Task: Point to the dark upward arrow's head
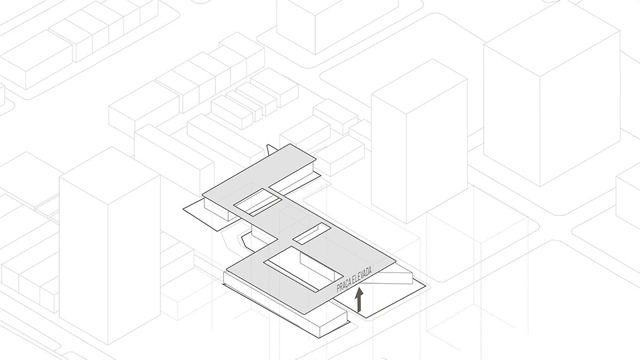[x=360, y=293]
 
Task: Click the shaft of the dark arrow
[x=360, y=305]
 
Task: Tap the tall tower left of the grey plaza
[x=109, y=245]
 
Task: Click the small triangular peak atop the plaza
[x=271, y=149]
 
